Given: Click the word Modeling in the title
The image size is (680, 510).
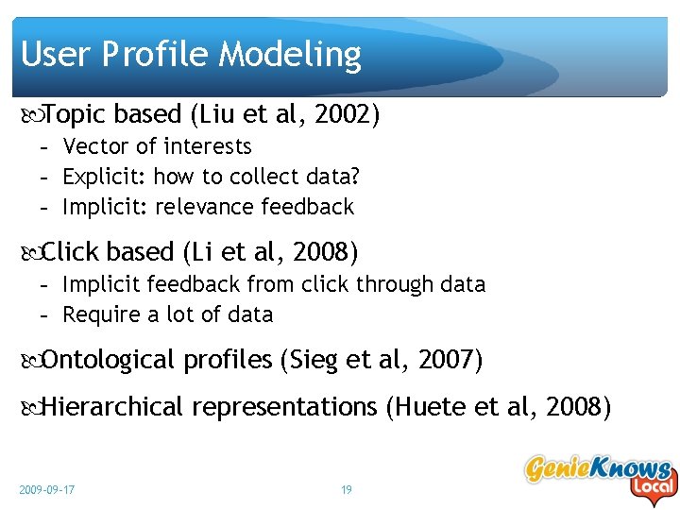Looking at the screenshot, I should tap(290, 56).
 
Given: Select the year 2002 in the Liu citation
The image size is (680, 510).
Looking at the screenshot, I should tap(343, 115).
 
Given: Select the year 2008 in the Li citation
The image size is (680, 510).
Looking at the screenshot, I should tap(321, 252).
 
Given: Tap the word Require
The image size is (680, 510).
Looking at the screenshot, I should tap(99, 314).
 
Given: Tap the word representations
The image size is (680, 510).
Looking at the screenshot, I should tap(283, 408).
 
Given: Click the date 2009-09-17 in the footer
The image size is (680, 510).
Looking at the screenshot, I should tap(47, 490).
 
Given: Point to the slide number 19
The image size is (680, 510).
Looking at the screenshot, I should tap(346, 490).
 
